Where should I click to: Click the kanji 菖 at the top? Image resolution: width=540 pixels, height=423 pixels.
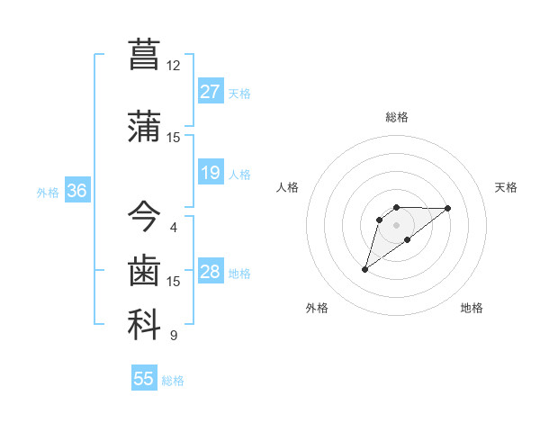(x=144, y=55)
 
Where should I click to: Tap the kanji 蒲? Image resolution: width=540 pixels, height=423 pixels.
(x=144, y=125)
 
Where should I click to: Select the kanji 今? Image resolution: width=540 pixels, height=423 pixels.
(x=144, y=216)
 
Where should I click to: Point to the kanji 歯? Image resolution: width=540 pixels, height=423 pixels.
(x=144, y=269)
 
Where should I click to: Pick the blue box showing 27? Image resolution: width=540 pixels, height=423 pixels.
(x=211, y=92)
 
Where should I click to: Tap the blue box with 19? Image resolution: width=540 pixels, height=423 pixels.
(x=211, y=173)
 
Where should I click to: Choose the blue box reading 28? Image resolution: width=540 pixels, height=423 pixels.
(x=211, y=272)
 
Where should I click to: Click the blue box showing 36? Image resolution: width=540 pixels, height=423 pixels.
(x=76, y=191)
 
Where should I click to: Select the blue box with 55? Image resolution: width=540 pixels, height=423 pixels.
(x=144, y=379)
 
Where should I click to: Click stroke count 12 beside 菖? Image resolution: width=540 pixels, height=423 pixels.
(x=174, y=66)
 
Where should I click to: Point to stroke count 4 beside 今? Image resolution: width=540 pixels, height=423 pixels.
(x=174, y=228)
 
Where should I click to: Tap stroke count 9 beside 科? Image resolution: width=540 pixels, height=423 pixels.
(x=174, y=336)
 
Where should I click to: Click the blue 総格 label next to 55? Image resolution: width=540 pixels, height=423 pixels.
(x=173, y=381)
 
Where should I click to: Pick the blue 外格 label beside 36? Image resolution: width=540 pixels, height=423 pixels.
(x=48, y=192)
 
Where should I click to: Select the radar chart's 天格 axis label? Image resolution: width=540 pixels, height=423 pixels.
(x=507, y=187)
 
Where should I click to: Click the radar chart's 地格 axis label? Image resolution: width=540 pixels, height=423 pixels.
(x=472, y=309)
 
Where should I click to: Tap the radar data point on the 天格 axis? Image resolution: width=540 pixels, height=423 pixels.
(x=447, y=208)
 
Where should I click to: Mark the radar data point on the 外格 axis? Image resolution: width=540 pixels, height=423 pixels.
(x=365, y=268)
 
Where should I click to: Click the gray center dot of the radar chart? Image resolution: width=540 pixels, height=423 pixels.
(x=396, y=224)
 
